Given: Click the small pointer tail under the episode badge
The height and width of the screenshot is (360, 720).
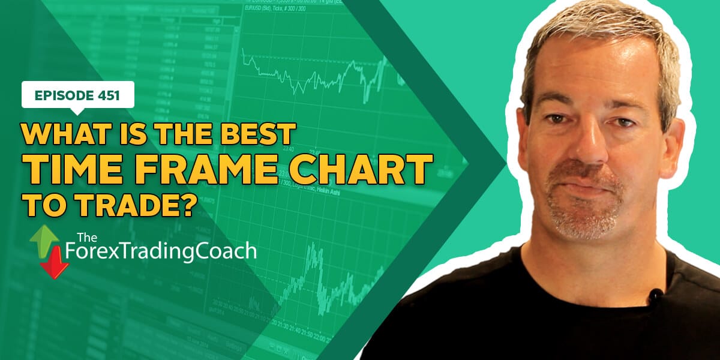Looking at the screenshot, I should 77,110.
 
